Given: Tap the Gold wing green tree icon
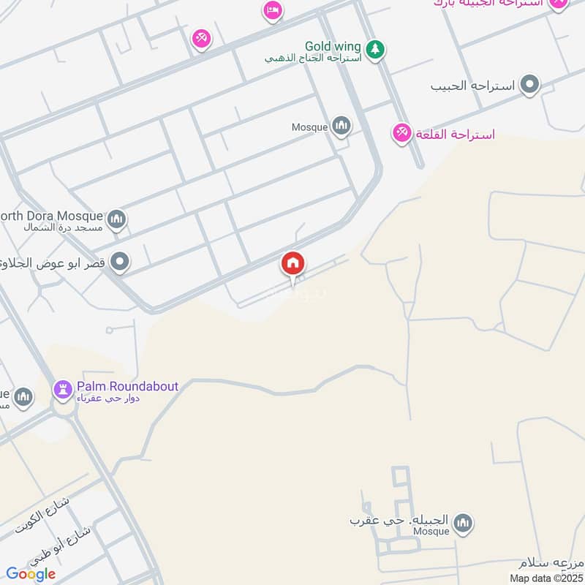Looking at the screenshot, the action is (x=375, y=49).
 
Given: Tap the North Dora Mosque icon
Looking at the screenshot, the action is (x=116, y=219).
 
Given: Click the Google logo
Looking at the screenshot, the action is (x=31, y=574).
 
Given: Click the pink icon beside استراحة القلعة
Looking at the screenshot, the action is (x=401, y=134).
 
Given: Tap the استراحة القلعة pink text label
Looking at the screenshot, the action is (x=455, y=135).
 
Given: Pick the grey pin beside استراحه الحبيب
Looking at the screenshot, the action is (x=530, y=86).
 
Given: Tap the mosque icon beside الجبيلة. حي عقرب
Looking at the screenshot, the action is (x=462, y=523).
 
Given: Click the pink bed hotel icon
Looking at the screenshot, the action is (x=273, y=10).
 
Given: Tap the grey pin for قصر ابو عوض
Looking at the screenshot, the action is (x=121, y=262).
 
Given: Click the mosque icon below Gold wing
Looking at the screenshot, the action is (x=341, y=127).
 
